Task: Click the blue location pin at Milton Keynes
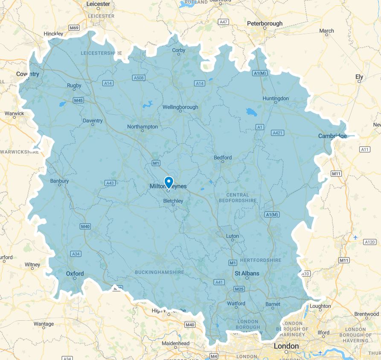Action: (x=169, y=182)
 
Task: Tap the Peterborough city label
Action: (x=265, y=23)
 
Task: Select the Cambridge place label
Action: (x=332, y=136)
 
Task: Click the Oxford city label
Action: (x=75, y=273)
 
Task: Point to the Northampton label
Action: (x=143, y=127)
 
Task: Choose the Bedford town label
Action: (x=223, y=157)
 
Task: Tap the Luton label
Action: (x=233, y=236)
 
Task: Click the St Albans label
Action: (x=247, y=273)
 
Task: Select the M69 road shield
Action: (x=74, y=28)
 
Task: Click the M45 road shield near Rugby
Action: (x=78, y=100)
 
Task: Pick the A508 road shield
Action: (x=139, y=78)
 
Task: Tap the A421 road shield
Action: (x=277, y=133)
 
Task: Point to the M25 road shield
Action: (x=239, y=289)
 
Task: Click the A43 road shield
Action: (x=110, y=183)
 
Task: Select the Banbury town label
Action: (x=59, y=181)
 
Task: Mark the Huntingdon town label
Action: (x=276, y=99)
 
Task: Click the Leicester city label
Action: (x=98, y=4)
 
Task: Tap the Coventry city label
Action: (x=28, y=74)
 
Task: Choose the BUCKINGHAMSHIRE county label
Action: (x=159, y=272)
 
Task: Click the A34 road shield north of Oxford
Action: (x=76, y=254)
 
